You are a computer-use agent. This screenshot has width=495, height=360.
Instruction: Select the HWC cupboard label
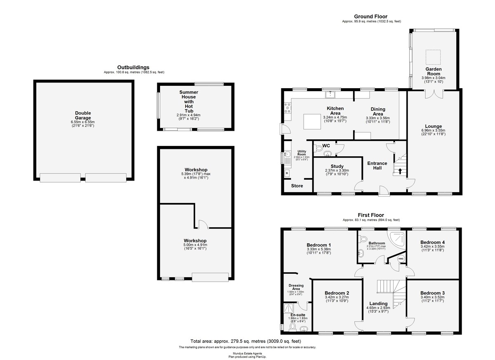click(x=401, y=259)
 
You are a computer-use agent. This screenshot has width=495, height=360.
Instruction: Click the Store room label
click(x=297, y=186)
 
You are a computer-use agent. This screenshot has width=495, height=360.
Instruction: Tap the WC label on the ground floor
click(x=326, y=146)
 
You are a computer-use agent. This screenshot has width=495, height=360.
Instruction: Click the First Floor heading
click(x=371, y=215)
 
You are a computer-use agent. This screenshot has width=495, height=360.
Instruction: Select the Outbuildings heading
click(x=133, y=67)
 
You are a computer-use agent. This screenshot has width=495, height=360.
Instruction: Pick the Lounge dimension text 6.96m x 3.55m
click(x=433, y=130)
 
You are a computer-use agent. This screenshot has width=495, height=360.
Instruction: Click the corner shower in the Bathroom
click(x=398, y=239)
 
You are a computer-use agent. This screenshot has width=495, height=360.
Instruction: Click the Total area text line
click(x=246, y=341)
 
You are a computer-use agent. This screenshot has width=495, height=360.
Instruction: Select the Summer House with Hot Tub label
click(x=189, y=101)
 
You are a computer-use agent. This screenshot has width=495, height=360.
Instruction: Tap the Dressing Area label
click(x=295, y=287)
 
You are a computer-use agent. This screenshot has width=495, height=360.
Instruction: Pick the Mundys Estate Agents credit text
click(x=247, y=353)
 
